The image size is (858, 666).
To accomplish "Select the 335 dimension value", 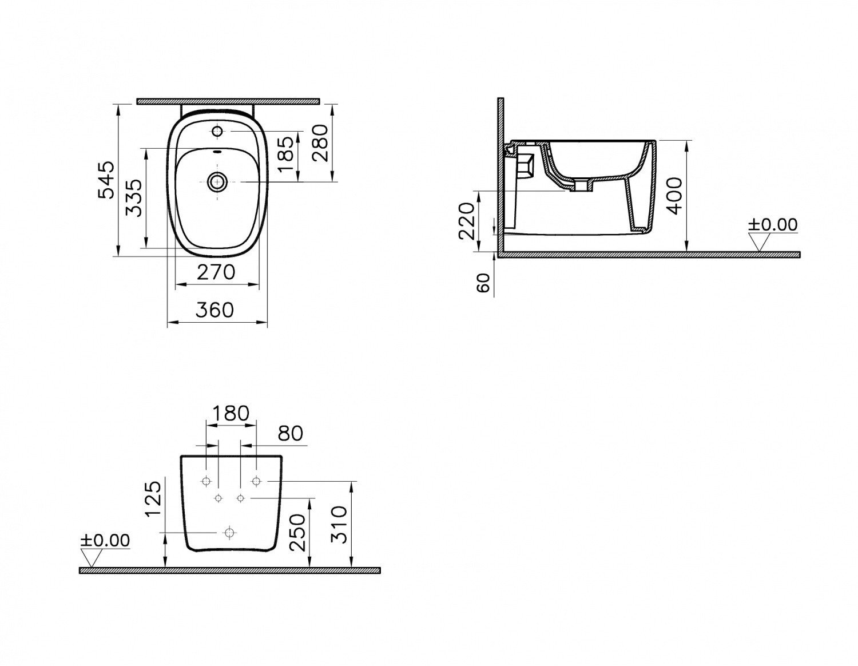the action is pos(134,198).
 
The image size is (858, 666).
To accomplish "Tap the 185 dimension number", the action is pos(285,154).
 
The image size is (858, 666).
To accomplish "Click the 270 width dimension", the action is pos(216,272).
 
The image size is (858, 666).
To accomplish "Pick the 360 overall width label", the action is pos(215,310).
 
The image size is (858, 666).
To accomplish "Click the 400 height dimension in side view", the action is pos(673,196).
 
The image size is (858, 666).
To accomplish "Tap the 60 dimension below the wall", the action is pos(483,283).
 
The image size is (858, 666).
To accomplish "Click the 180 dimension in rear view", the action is pos(231,413).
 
